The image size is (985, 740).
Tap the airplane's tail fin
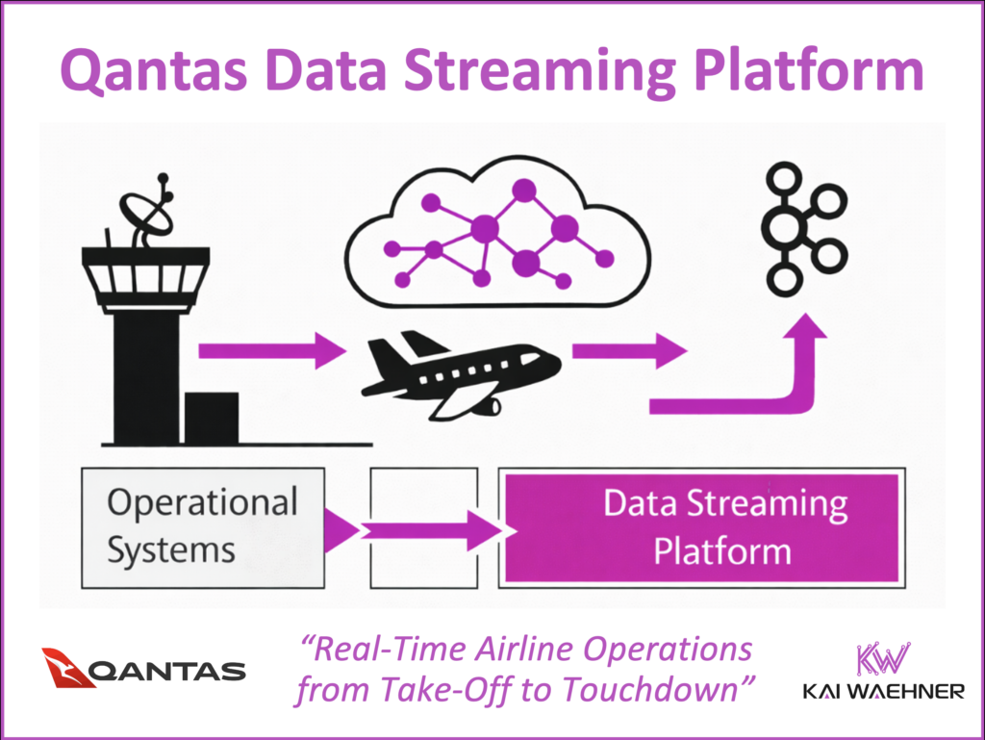click(415, 343)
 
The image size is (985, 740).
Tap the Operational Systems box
click(203, 526)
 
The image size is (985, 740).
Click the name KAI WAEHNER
click(883, 692)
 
